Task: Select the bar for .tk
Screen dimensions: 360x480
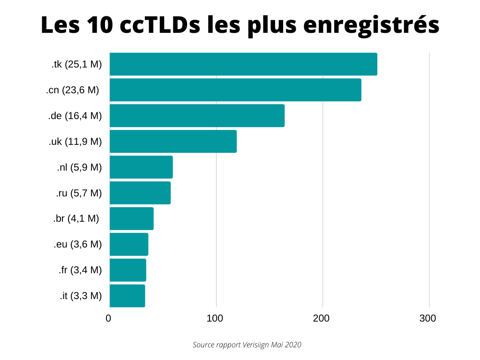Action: click(x=243, y=64)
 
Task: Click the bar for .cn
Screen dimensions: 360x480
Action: click(x=235, y=90)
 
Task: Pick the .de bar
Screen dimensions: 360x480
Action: click(x=197, y=116)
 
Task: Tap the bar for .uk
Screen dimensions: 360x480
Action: click(x=173, y=142)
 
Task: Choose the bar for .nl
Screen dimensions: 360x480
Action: click(x=141, y=167)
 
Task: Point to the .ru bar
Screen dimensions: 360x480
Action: click(x=140, y=193)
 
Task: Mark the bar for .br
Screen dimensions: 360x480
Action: click(x=132, y=218)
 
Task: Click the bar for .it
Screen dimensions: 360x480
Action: click(x=127, y=296)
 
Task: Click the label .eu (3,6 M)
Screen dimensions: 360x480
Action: click(x=77, y=244)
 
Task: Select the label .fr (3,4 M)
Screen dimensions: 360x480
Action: click(x=80, y=270)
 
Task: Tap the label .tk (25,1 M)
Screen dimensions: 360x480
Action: click(x=76, y=65)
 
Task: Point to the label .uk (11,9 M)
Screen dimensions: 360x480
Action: click(x=75, y=142)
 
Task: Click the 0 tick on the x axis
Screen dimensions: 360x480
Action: click(x=109, y=319)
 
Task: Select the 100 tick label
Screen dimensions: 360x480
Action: click(x=215, y=319)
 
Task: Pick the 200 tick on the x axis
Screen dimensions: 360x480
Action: click(x=322, y=319)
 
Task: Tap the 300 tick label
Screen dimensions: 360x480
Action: click(x=428, y=319)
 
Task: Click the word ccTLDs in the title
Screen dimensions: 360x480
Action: click(x=160, y=25)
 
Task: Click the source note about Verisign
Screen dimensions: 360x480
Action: click(x=247, y=345)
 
